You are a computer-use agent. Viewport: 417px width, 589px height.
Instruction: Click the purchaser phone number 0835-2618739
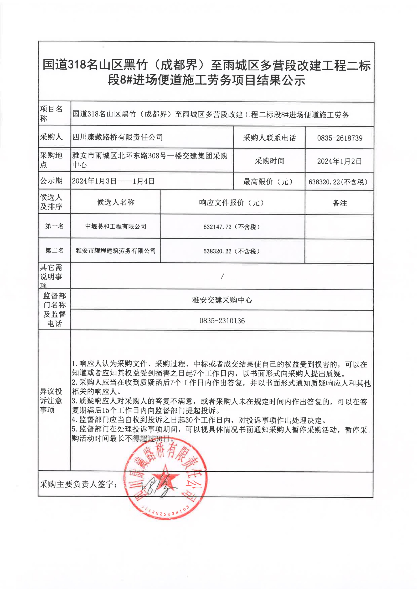(339, 138)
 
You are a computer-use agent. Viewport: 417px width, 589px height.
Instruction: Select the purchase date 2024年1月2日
(339, 161)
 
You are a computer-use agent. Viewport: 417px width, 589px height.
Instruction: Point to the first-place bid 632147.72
(231, 227)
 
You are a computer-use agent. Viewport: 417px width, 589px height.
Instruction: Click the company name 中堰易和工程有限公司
(116, 226)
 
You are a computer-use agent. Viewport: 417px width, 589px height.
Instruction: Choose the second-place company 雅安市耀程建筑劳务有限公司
(116, 251)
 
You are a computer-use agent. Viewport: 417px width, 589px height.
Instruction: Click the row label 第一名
(54, 226)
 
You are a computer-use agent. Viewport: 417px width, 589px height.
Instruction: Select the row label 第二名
(54, 250)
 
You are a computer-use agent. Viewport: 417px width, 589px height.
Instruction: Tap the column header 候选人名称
(116, 202)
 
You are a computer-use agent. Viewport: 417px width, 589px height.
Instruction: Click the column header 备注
(339, 203)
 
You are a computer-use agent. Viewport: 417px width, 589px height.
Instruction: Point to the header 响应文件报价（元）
(231, 203)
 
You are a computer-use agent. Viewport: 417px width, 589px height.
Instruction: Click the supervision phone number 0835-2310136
(222, 321)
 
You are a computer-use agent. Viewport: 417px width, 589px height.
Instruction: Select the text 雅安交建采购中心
(222, 300)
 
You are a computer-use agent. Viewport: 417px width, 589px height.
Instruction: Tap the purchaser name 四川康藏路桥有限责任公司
(117, 137)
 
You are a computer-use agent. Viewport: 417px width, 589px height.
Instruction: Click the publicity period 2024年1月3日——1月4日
(113, 181)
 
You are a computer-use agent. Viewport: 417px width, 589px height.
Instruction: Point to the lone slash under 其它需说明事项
(222, 276)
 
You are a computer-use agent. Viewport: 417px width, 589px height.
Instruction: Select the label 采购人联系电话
(269, 138)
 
